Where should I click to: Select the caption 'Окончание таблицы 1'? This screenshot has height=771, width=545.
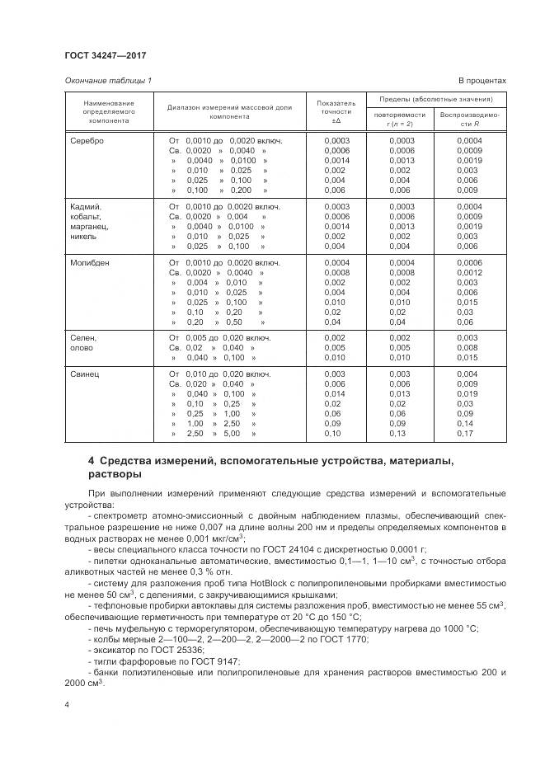tap(107, 80)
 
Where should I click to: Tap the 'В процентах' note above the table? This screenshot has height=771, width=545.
tap(482, 80)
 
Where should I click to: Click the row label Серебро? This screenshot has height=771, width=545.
tap(87, 141)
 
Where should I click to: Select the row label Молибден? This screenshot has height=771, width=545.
tap(90, 262)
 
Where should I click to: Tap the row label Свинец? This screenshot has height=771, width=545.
tap(86, 374)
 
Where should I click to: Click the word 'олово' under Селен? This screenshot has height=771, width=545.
tap(84, 348)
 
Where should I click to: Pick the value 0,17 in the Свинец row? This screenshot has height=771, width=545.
tap(467, 433)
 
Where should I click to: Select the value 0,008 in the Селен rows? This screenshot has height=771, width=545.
tap(467, 348)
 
